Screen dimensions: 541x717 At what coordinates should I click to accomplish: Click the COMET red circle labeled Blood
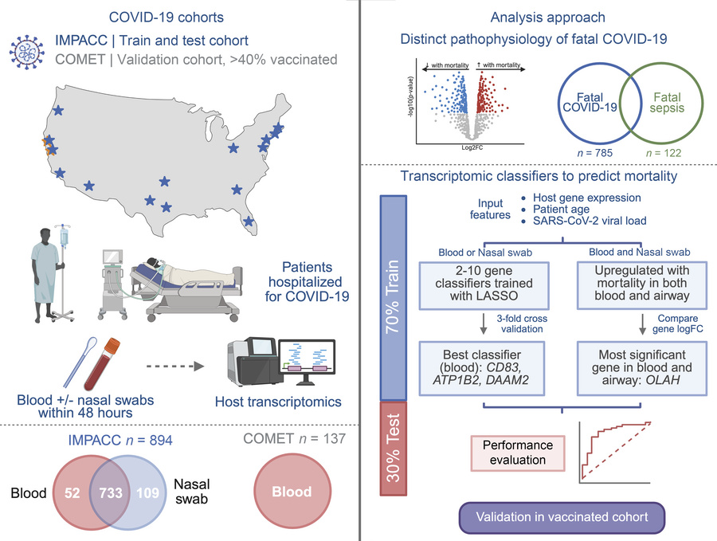(x=292, y=492)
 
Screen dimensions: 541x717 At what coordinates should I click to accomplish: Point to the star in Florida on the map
(x=249, y=222)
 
